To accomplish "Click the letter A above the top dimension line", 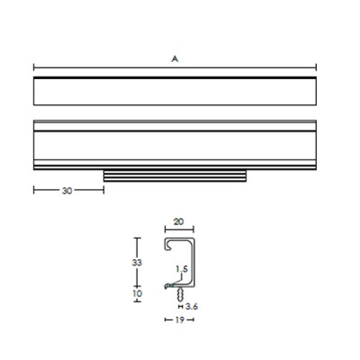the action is coord(175,59).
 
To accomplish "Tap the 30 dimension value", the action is coord(67,191).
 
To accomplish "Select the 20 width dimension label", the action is coord(178,222).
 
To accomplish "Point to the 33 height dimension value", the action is coord(137,263).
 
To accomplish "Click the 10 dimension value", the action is coord(137,293).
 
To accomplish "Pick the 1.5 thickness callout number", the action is coord(182,269).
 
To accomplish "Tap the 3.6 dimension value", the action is coord(192,307).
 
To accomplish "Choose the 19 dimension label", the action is coord(179,319).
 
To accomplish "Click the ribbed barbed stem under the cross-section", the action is coord(180,294).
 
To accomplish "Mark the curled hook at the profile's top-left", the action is coord(168,244).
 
